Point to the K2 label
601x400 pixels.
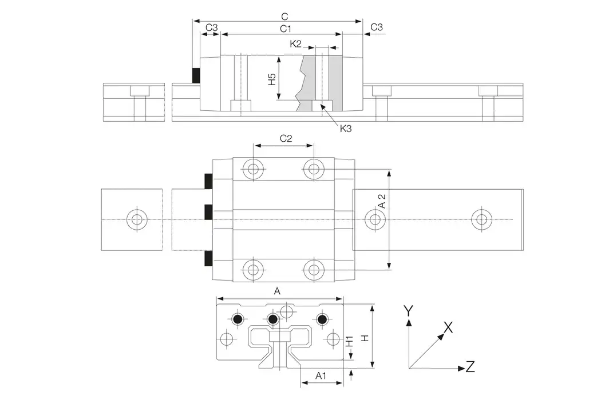click(295, 43)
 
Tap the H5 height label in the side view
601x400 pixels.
click(272, 79)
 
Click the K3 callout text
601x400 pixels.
click(345, 129)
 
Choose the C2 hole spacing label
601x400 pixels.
click(286, 138)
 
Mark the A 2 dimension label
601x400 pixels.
click(382, 201)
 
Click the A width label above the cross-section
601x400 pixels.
click(278, 291)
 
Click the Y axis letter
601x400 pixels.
click(408, 311)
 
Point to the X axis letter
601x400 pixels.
click(449, 327)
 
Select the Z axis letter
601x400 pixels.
click(470, 367)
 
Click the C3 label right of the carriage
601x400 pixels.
click(377, 27)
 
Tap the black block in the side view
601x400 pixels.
click(196, 75)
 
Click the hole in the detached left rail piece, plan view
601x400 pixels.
click(136, 219)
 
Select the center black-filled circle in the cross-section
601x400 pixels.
click(273, 319)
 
